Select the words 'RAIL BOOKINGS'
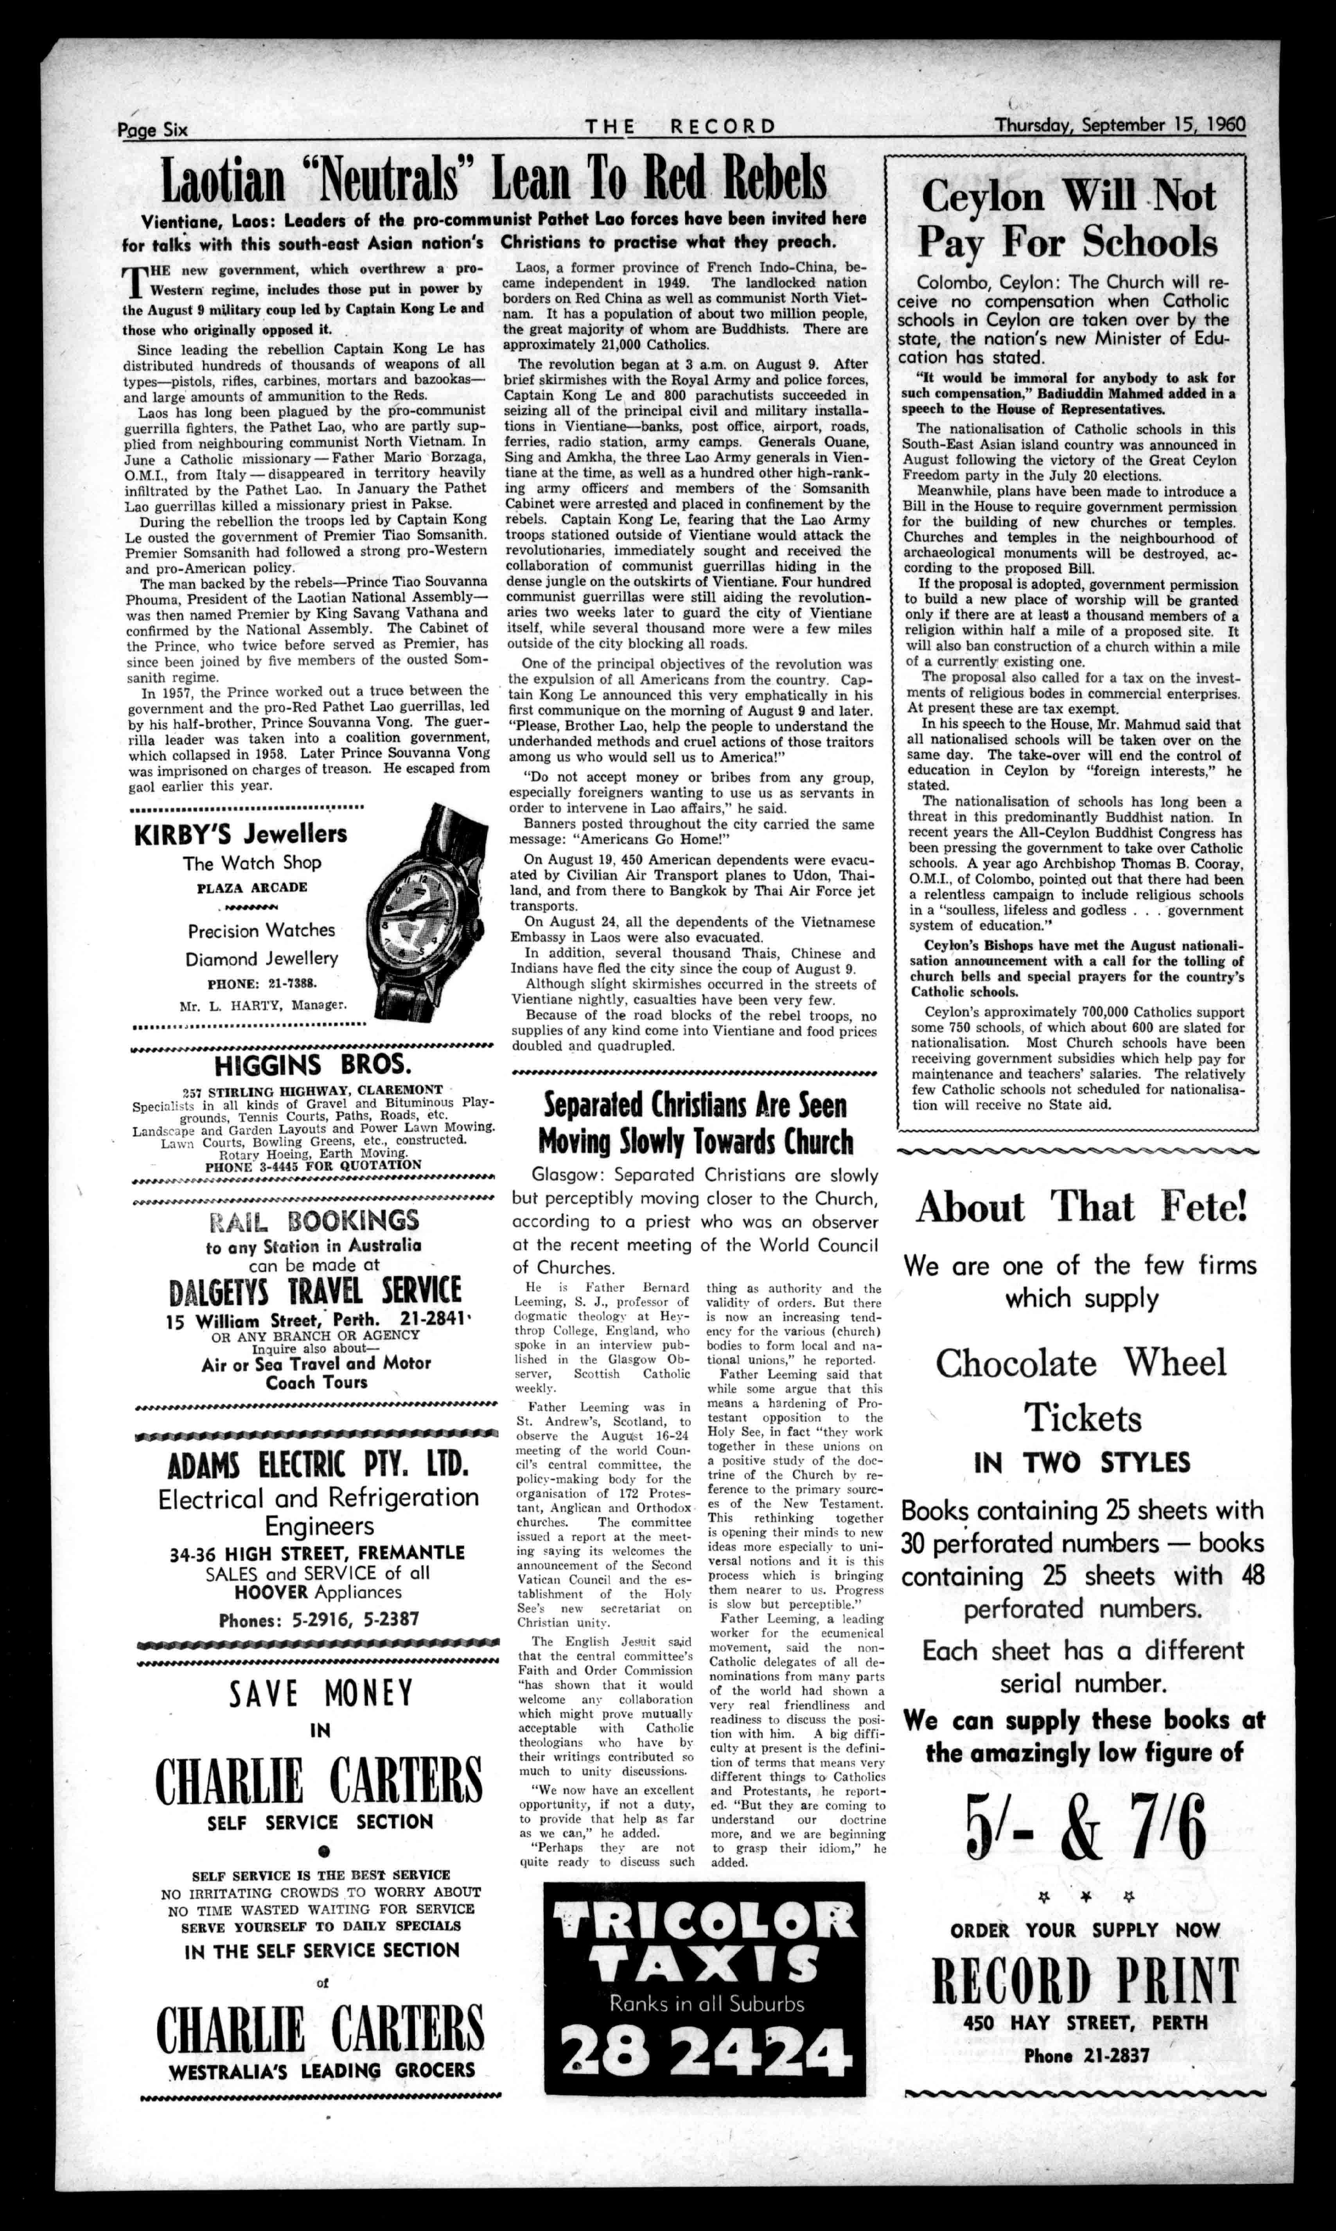pyautogui.click(x=313, y=1221)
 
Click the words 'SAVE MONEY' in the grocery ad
pyautogui.click(x=320, y=1694)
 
